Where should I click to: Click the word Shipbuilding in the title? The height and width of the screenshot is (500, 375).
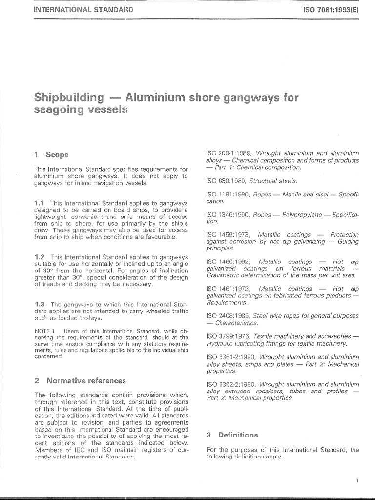pos(69,97)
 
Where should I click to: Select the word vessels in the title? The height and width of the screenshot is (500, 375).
pos(104,110)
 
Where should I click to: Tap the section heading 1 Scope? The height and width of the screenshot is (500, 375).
pos(51,155)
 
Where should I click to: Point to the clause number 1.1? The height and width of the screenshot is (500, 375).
pos(40,203)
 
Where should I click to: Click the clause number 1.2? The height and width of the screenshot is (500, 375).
pos(40,257)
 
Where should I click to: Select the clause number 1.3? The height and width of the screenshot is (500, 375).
pos(40,304)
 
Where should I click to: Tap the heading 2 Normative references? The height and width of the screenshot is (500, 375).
pos(80,380)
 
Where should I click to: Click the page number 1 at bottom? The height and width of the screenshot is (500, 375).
pos(357,481)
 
